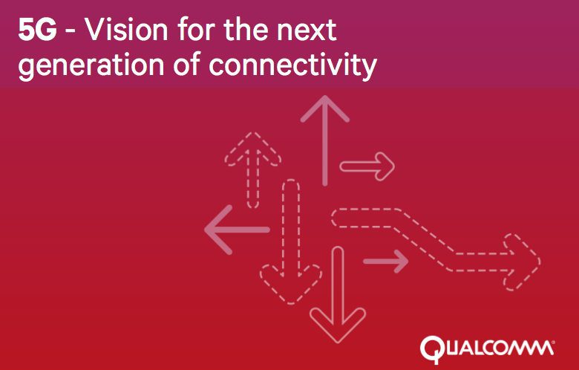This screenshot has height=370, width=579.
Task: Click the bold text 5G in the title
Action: pos(37,30)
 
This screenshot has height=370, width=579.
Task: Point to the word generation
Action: pos(91,66)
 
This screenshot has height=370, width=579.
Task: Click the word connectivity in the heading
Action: pos(292,66)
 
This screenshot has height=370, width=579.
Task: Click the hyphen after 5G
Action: pos(71,32)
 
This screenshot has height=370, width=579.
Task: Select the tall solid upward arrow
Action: pos(325,140)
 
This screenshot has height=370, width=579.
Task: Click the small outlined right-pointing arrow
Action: pos(367,166)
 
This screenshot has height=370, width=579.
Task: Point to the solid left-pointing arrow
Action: pos(237,230)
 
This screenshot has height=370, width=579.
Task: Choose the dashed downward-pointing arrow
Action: pos(290,241)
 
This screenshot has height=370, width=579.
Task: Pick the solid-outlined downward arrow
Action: pos(338,295)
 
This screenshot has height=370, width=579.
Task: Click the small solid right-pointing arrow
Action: pos(385,262)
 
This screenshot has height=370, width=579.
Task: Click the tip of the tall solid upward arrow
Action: pos(325,96)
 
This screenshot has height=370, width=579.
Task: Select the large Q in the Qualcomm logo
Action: pos(431,348)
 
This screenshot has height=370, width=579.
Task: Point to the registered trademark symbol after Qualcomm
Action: pos(552,343)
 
